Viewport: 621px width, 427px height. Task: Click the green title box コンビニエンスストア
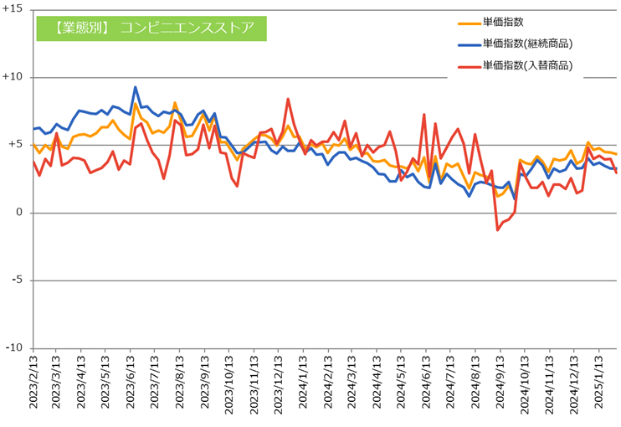coord(151,27)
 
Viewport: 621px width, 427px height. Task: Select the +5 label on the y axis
coord(16,145)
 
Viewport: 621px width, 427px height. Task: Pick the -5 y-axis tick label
coord(18,280)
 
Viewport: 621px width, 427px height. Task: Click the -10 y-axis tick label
coord(15,348)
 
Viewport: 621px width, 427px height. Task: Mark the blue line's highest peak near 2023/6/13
coord(136,87)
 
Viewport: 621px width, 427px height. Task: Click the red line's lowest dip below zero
coord(497,229)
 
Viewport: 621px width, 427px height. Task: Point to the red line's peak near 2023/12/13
coord(288,99)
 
